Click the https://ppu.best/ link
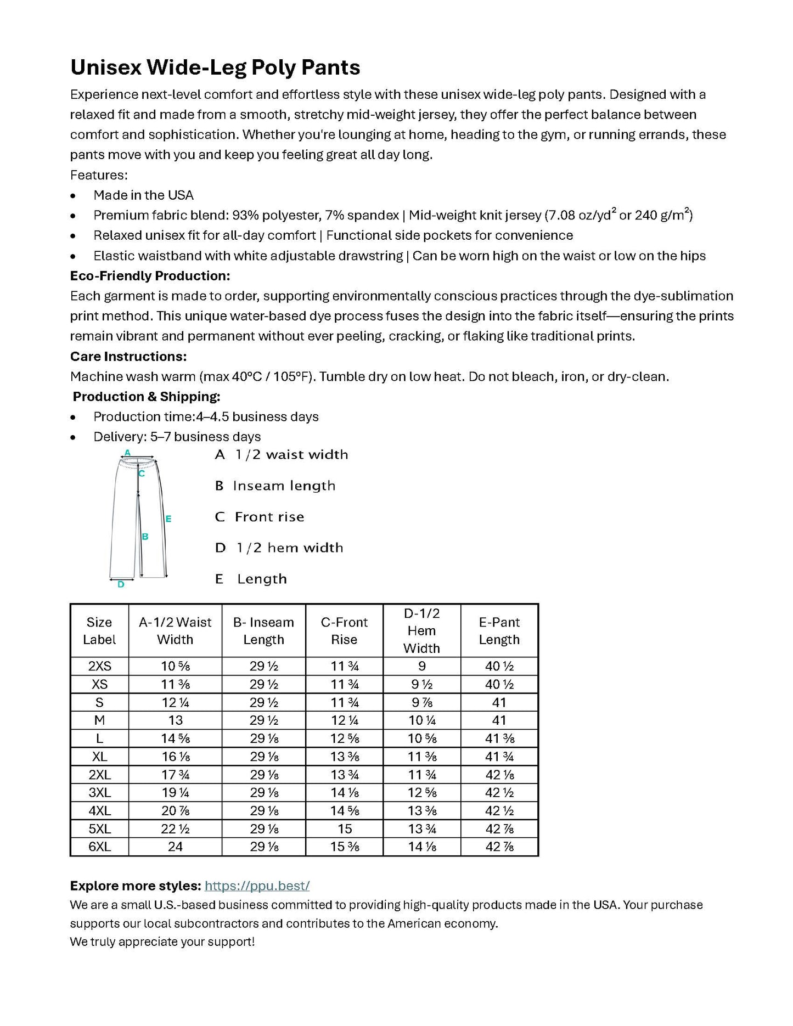pos(257,886)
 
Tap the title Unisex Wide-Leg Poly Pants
pos(215,67)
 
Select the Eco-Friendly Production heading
pos(150,275)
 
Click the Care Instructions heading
pos(128,356)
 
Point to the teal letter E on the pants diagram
pos(168,518)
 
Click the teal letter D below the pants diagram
pos(121,585)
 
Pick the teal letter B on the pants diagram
pos(145,537)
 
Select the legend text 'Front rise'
pos(269,517)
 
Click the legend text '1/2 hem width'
pos(289,548)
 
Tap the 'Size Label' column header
pos(99,630)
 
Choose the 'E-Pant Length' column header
pos(499,630)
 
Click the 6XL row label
pos(99,847)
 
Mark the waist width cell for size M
pos(175,720)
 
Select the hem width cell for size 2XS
pos(421,666)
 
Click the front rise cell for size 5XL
pos(345,828)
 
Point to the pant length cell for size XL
pos(499,757)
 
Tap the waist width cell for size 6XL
pos(175,847)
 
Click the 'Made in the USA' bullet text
pos(143,195)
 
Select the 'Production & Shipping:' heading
pos(147,396)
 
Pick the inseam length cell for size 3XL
pos(263,792)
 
